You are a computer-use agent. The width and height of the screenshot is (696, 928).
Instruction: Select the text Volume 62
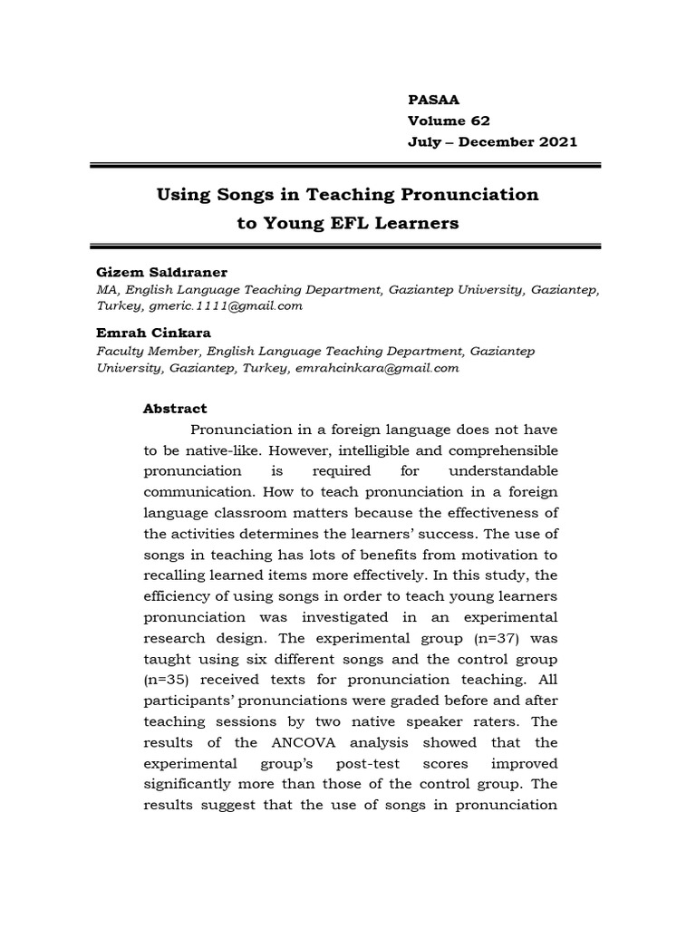tap(449, 121)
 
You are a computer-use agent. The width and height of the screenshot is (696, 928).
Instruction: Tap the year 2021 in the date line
tap(556, 142)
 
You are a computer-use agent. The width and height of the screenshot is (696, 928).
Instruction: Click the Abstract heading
tap(175, 409)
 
